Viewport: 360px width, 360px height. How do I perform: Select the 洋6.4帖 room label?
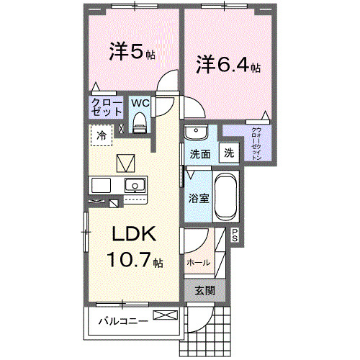click(228, 65)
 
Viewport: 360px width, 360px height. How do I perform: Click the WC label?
click(140, 102)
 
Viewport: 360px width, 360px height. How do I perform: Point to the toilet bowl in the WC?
click(140, 120)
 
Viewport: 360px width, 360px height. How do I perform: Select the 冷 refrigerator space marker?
click(102, 135)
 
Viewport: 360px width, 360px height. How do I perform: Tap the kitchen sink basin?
click(134, 186)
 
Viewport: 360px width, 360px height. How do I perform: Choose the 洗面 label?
click(199, 153)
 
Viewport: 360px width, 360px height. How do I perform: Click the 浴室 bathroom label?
click(199, 198)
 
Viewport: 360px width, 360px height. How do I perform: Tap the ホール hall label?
click(198, 263)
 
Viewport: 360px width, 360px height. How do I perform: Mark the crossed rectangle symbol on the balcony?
click(163, 315)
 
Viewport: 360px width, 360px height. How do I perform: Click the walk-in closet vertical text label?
click(256, 143)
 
